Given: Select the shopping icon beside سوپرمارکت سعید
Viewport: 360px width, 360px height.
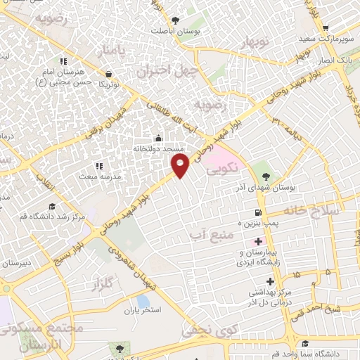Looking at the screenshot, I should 326,28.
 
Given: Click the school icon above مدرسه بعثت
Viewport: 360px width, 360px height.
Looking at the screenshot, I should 98,166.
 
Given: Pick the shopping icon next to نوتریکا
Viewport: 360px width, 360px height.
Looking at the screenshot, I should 108,73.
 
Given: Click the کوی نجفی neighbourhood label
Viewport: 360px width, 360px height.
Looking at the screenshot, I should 205,328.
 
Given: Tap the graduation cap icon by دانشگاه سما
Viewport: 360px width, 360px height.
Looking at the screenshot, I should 305,344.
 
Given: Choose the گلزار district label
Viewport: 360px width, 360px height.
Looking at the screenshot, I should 102,285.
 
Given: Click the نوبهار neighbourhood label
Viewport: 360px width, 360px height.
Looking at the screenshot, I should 256,44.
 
